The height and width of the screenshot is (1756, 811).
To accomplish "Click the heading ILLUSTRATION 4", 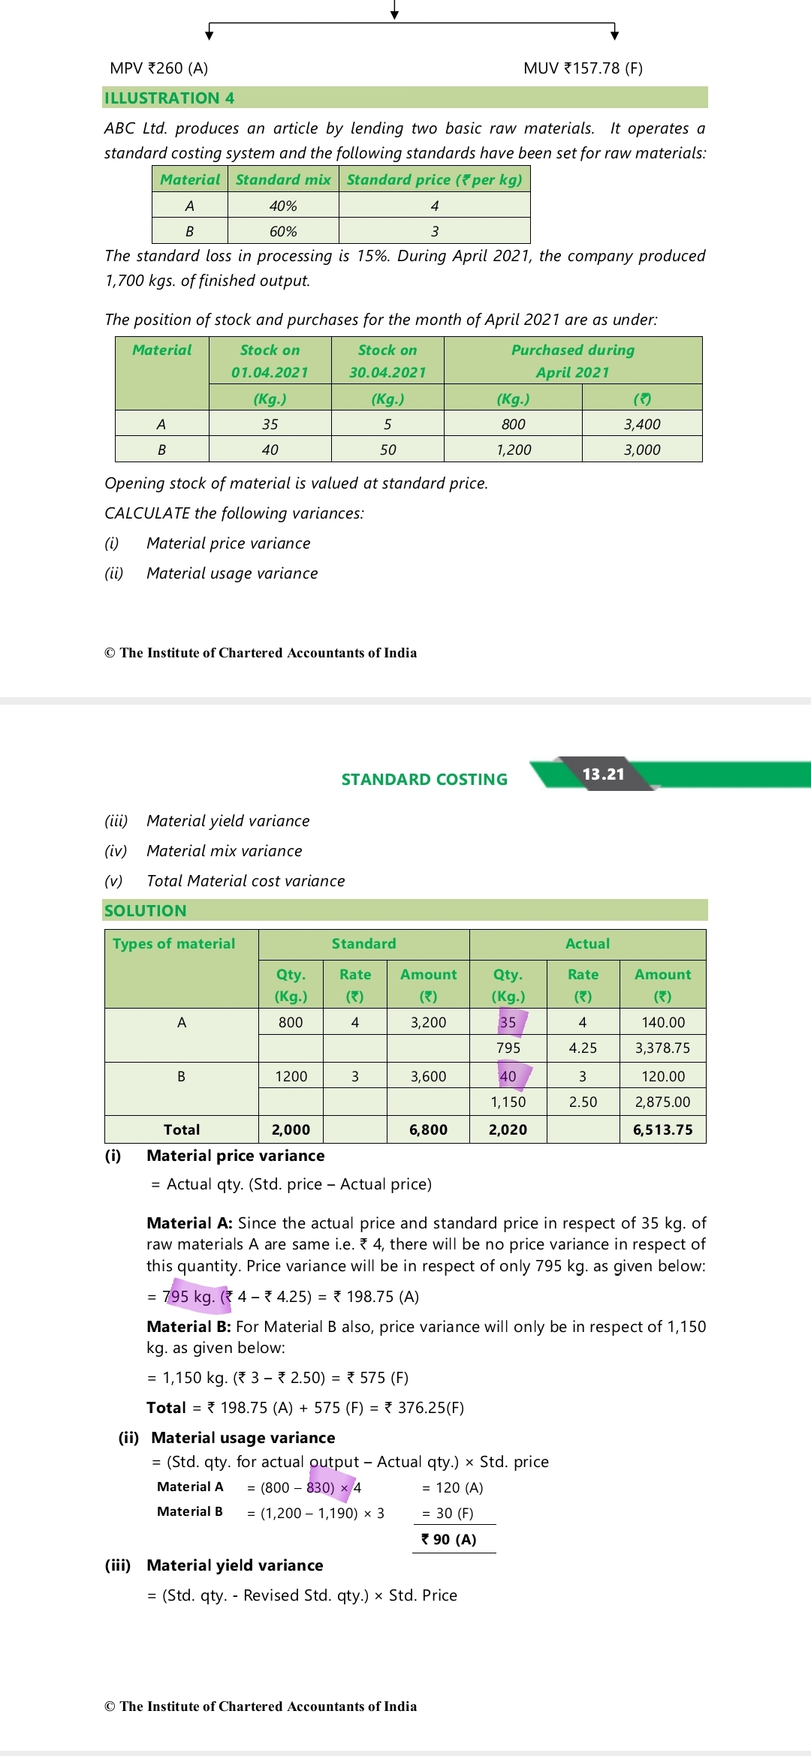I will [169, 98].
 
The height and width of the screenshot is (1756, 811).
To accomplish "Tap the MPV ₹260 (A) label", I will [158, 68].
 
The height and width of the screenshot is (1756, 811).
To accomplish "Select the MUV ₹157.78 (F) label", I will [583, 68].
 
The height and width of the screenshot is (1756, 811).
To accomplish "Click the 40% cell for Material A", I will [283, 206].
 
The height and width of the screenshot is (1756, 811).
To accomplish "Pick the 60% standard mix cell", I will [283, 231].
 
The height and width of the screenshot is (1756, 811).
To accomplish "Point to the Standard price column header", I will [434, 179].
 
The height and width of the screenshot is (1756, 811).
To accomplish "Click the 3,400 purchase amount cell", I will [642, 424].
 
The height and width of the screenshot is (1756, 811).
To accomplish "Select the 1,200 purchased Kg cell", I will [513, 450].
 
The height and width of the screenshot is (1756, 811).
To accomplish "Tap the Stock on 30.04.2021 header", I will [387, 361].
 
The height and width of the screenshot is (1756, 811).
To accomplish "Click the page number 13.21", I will [603, 774].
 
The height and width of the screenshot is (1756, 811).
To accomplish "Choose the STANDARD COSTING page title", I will [424, 780].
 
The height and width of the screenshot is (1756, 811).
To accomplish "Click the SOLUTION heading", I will [145, 911].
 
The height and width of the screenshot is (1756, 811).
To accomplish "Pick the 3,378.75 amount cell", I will [662, 1048].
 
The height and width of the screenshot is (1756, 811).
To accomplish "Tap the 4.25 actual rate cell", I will [583, 1048].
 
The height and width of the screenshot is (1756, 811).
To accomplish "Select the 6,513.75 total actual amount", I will [662, 1129].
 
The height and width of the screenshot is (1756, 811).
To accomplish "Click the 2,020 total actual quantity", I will [508, 1129].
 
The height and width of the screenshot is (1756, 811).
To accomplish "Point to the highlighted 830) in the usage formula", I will [321, 1487].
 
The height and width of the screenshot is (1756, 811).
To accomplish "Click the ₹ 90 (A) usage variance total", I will [449, 1539].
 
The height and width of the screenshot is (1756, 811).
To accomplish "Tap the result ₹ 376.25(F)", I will [424, 1408].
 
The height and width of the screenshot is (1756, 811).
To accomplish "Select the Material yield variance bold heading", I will [235, 1565].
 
